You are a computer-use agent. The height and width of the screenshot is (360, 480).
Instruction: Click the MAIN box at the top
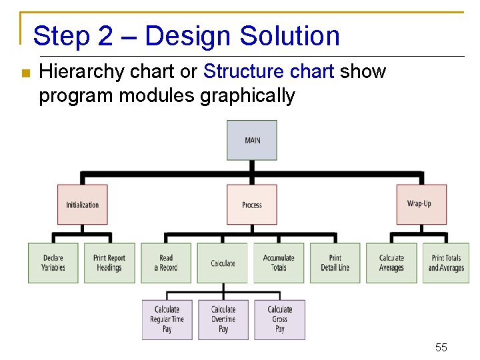(252, 140)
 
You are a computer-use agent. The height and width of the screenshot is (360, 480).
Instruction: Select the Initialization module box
(82, 205)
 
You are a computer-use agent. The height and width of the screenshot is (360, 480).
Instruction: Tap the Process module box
(252, 205)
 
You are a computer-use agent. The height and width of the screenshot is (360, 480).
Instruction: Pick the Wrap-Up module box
(421, 204)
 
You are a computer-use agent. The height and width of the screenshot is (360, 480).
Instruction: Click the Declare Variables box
(53, 263)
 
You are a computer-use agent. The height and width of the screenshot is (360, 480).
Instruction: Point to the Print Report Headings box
(109, 263)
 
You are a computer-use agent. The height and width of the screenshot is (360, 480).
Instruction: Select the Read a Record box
(166, 263)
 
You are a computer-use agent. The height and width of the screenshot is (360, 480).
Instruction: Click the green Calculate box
(223, 263)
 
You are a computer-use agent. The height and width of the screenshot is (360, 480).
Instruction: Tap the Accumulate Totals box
(279, 263)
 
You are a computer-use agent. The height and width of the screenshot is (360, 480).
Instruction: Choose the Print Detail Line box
(335, 263)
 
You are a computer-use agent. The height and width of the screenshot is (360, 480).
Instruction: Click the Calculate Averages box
(391, 263)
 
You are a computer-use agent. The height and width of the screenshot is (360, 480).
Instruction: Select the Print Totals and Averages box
(446, 263)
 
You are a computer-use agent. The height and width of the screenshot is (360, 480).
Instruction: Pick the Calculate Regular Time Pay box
(167, 319)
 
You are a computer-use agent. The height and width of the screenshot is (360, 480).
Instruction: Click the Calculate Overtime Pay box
(223, 319)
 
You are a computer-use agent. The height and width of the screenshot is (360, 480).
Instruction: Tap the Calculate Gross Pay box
(280, 319)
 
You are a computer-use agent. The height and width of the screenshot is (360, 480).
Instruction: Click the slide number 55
(441, 347)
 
